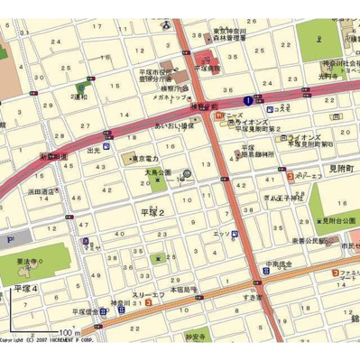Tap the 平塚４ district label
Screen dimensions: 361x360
pyautogui.click(x=25, y=287)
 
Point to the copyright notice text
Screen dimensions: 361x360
pyautogui.click(x=54, y=340)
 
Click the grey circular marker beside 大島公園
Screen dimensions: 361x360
pyautogui.click(x=186, y=174)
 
